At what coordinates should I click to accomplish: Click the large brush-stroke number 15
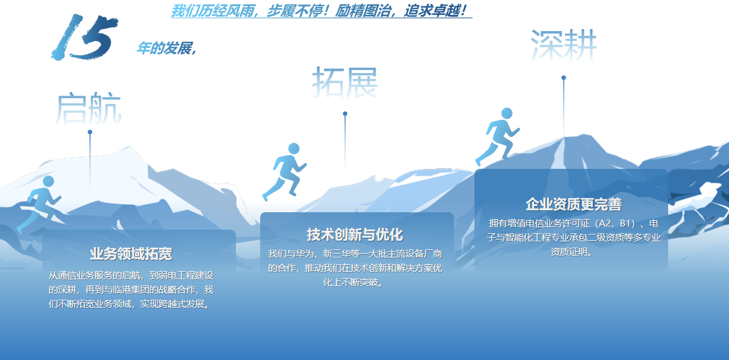coord(84,37)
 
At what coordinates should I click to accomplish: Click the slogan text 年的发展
coord(164,48)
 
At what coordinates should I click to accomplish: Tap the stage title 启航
coord(88,108)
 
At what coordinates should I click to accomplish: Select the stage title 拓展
coord(345,82)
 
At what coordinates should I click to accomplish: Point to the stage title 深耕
coord(563,45)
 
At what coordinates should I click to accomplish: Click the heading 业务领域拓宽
coord(131,254)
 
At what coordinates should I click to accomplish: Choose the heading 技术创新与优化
coord(355,235)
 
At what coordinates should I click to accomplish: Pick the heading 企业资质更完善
coord(574,204)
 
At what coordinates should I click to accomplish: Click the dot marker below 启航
coord(90,132)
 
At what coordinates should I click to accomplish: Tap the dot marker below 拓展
coord(345,114)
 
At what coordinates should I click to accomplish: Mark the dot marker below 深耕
coord(563,78)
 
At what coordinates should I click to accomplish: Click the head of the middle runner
coord(293,148)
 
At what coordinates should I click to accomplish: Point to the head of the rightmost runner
coord(507,114)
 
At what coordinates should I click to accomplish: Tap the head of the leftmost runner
coord(48,181)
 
